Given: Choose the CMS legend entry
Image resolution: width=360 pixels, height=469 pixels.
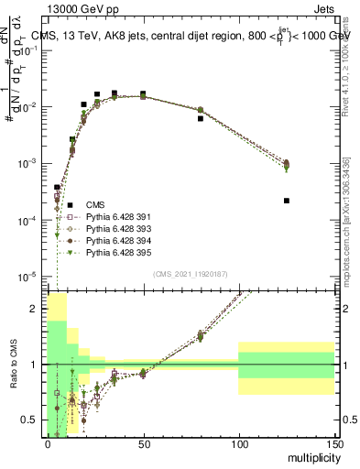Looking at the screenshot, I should click(95, 204).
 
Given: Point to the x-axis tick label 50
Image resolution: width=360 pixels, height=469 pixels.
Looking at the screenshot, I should click(143, 445).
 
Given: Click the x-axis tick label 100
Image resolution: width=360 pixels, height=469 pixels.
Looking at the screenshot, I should click(238, 445).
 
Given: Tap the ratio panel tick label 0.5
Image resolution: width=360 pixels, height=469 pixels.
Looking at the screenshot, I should click(30, 420).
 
